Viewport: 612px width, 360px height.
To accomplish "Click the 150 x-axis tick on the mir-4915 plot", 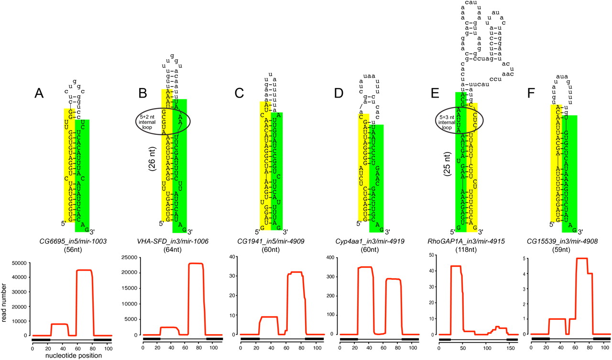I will point(509,346).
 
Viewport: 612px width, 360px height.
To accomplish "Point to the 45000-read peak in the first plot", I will point(84,270).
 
